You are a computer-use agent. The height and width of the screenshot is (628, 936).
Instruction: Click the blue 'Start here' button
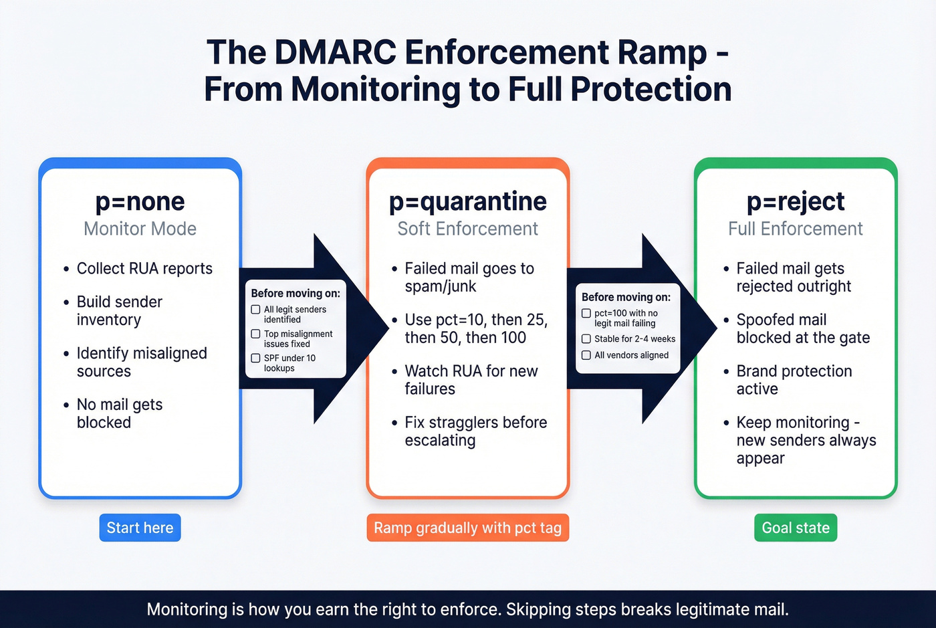tap(140, 528)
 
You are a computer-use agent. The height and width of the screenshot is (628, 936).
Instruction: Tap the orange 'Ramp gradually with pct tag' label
tap(467, 528)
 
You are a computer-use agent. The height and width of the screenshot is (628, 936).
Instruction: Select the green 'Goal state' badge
tap(795, 528)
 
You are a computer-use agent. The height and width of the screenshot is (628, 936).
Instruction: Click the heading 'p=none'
tap(140, 201)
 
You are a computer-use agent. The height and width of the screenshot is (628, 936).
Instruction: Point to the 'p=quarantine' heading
tap(467, 201)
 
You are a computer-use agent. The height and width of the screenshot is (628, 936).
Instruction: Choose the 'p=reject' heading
tap(795, 201)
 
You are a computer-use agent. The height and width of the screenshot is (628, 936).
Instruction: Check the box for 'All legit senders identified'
tap(255, 310)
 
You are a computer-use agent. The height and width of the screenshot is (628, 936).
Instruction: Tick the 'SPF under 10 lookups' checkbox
tap(255, 358)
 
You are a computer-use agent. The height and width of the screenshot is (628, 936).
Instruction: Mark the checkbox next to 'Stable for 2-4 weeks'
tap(586, 339)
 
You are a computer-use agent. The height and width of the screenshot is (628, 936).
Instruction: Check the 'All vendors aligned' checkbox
tap(586, 355)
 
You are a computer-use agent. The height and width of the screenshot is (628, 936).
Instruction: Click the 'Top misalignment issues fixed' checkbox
tap(255, 334)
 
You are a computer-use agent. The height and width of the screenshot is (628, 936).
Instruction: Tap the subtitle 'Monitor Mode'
tap(140, 229)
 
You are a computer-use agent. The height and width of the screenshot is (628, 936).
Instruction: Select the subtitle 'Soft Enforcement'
tap(467, 229)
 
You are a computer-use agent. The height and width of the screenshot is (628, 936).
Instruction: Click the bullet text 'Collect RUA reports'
tap(144, 268)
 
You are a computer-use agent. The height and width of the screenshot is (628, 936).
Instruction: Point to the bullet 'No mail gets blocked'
tap(119, 413)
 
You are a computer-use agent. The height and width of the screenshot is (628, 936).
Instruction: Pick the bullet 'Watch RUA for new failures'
tap(471, 380)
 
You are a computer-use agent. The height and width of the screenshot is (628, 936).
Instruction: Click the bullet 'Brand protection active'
tap(794, 380)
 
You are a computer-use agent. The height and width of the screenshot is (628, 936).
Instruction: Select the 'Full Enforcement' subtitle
tap(795, 229)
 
